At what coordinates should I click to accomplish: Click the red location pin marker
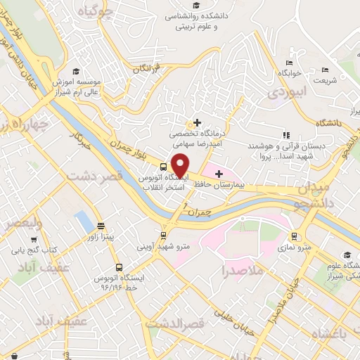click(x=181, y=165)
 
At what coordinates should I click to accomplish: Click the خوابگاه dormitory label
click(x=289, y=73)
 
